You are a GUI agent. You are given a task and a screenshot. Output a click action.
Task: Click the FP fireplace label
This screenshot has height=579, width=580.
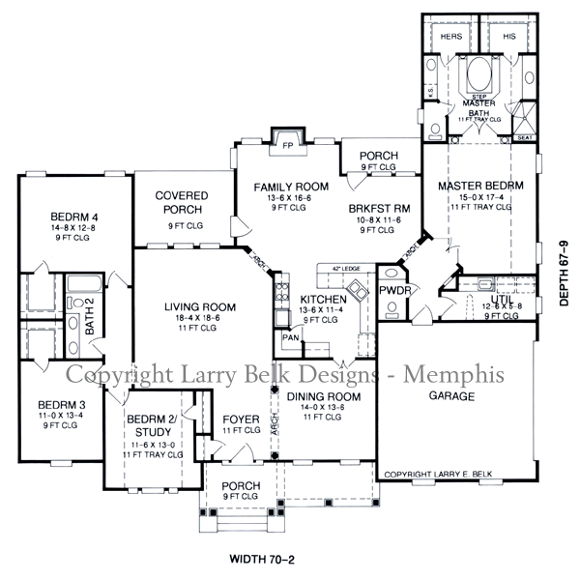pos(287,144)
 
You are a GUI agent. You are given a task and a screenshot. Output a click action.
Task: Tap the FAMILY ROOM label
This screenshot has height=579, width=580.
pos(291,187)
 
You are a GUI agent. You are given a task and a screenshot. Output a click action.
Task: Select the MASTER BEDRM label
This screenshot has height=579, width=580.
pos(480,186)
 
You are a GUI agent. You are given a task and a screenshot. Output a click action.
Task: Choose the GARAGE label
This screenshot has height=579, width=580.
pos(451,396)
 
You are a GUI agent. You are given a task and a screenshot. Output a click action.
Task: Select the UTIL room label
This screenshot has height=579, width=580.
pos(502,300)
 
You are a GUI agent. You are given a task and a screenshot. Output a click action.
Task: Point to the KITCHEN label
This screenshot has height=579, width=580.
pos(323,300)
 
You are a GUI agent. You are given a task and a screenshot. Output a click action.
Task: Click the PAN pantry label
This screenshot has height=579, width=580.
pos(289,338)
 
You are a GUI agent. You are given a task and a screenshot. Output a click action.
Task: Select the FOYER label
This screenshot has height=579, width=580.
pos(239,419)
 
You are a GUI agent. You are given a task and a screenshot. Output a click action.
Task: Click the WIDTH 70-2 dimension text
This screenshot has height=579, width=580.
pos(268,558)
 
